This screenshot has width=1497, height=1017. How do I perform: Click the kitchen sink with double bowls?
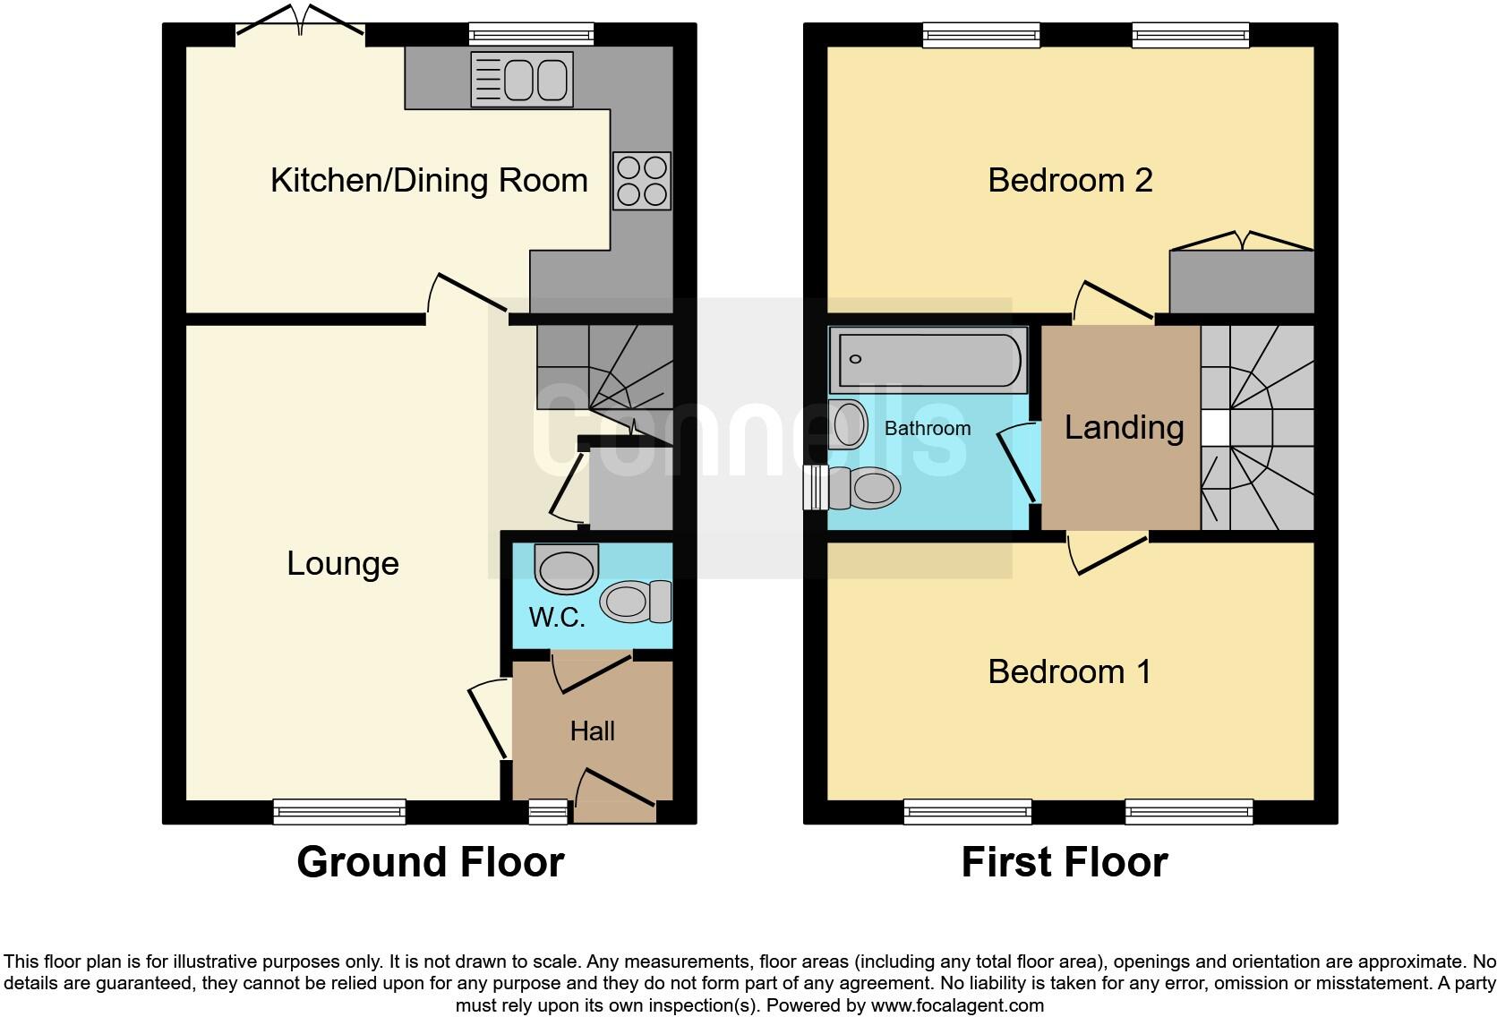tap(522, 80)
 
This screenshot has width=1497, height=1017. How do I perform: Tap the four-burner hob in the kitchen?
tap(642, 181)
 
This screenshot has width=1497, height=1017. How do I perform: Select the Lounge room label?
tap(343, 563)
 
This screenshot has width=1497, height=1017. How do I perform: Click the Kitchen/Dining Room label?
tap(429, 181)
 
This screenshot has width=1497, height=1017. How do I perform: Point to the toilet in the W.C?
tap(636, 602)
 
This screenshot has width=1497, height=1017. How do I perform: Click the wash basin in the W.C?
tap(566, 568)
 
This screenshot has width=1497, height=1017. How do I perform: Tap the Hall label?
tap(592, 731)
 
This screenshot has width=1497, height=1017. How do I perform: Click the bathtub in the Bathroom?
tap(928, 360)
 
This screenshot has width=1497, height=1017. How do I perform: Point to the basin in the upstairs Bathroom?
tap(847, 424)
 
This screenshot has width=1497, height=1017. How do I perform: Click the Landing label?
tap(1124, 428)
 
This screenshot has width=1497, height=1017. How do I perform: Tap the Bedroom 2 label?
tap(1070, 181)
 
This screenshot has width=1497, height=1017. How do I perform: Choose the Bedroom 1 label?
tap(1069, 671)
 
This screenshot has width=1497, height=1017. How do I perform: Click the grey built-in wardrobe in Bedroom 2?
tap(1242, 281)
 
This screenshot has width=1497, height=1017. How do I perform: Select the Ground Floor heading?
tap(431, 862)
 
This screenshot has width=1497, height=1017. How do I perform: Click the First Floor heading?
tap(1065, 862)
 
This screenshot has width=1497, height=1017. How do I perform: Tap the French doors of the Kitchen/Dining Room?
tap(300, 23)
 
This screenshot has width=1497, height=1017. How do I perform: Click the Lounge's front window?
tap(339, 812)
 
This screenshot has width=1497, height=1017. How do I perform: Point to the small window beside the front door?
tap(548, 812)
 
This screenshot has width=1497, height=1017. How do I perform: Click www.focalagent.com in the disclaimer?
tap(957, 1005)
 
